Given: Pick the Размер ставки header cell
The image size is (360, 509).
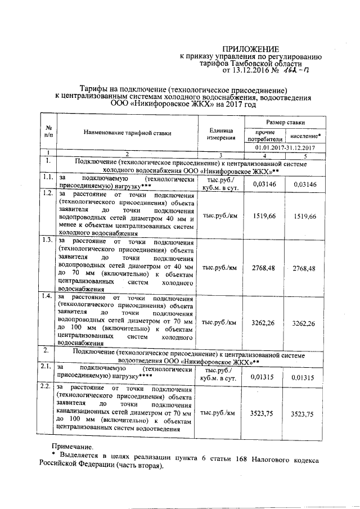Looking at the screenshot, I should click(286, 121).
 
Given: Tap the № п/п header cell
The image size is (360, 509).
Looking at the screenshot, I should click(48, 132).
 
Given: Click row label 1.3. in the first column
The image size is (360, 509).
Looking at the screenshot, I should click(47, 240).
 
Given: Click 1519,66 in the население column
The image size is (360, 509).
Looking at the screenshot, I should click(305, 216).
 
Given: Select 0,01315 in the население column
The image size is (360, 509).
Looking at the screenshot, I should click(305, 377).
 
